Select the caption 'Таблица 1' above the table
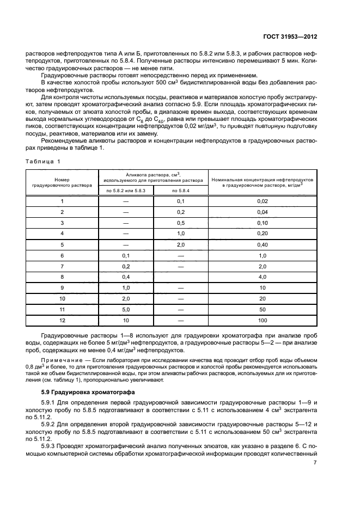pos(44,161)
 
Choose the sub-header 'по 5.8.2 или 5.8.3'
pos(125,190)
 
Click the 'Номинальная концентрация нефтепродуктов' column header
pos(263,182)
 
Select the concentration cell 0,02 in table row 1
pos(263,201)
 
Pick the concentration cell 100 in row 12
pos(263,321)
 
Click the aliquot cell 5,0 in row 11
pos(125,310)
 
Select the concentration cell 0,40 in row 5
pos(263,245)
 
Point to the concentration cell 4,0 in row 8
pos(263,277)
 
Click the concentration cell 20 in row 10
pos(263,299)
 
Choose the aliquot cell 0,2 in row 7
pos(125,266)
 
